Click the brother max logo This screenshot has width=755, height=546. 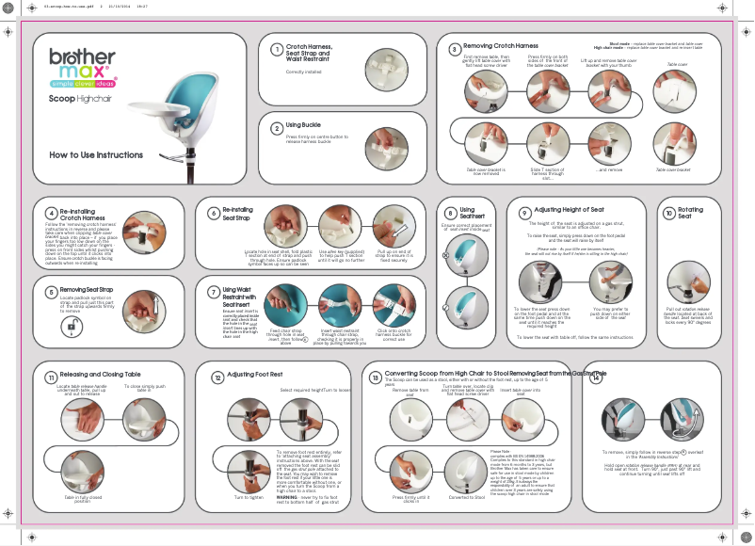(82, 65)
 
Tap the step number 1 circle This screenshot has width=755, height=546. (277, 50)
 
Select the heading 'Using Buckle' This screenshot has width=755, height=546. (304, 125)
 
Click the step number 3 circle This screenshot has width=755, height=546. (455, 49)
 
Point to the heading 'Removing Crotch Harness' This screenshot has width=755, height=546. (501, 46)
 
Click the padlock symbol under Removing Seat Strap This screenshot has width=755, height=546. (72, 326)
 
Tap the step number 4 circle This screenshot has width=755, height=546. (50, 214)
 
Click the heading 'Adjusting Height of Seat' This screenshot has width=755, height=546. (569, 210)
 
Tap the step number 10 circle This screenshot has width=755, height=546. (668, 214)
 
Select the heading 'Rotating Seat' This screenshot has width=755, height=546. (690, 213)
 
